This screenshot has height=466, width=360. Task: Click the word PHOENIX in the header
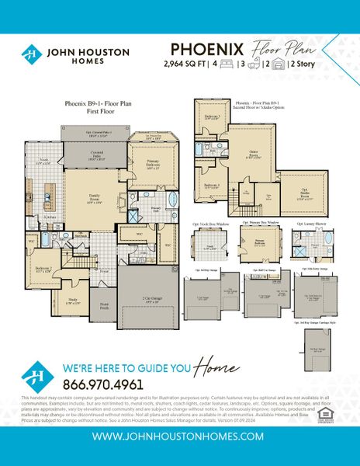(x=206, y=48)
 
